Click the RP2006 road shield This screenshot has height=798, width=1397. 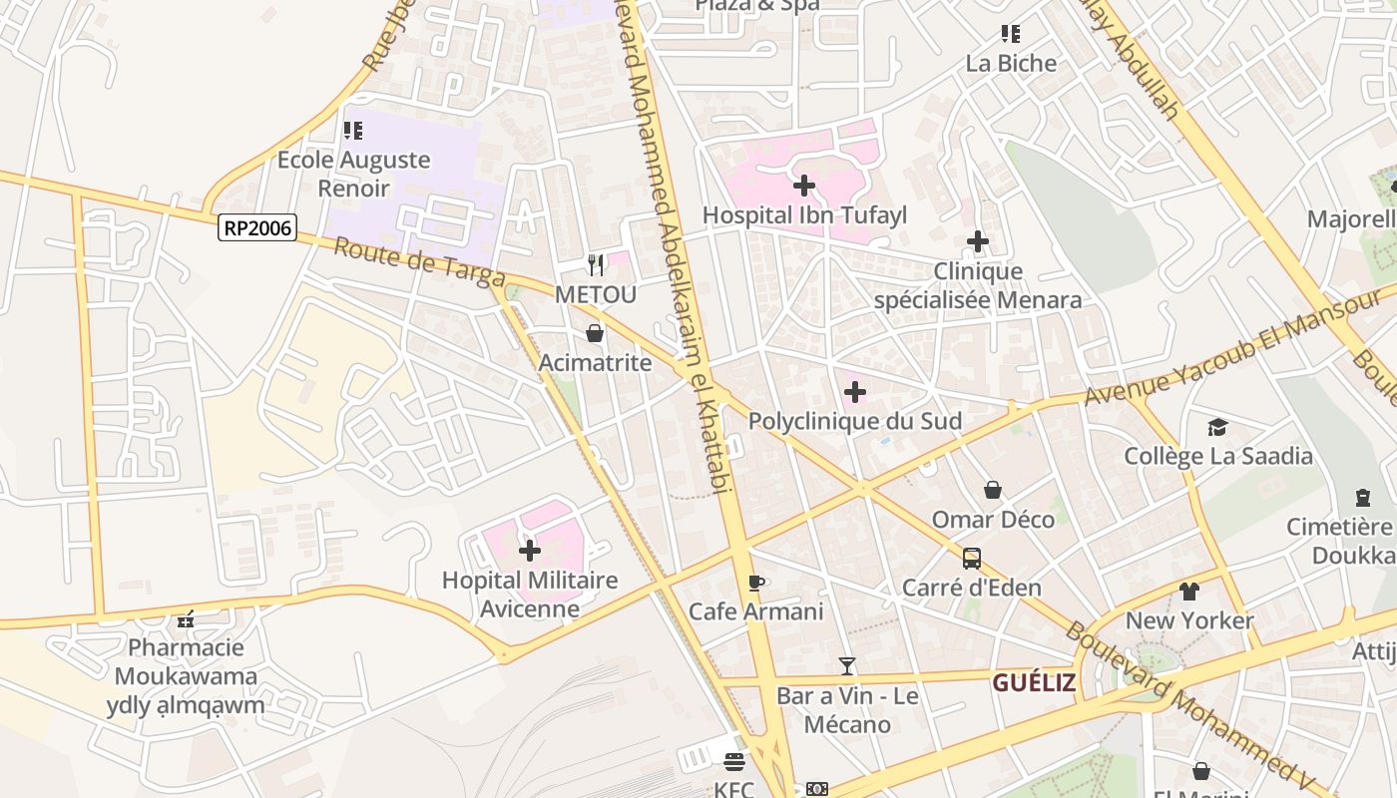pyautogui.click(x=257, y=228)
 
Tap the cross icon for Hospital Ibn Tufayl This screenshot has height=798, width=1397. pyautogui.click(x=804, y=186)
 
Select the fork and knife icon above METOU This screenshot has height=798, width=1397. pyautogui.click(x=596, y=264)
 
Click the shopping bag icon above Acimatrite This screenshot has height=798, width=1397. pyautogui.click(x=595, y=333)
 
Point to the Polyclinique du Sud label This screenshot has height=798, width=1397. pyautogui.click(x=855, y=421)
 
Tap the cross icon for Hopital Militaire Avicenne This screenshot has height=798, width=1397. pyautogui.click(x=530, y=550)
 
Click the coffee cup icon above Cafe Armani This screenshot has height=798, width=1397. pyautogui.click(x=756, y=583)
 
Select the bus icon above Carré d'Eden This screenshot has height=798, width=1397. pyautogui.click(x=972, y=559)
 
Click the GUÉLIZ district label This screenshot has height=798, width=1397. pyautogui.click(x=1034, y=683)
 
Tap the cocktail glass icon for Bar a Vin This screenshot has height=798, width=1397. pyautogui.click(x=847, y=666)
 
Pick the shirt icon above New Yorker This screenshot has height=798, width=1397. pyautogui.click(x=1189, y=592)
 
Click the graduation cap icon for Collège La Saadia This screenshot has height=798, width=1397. pyautogui.click(x=1217, y=428)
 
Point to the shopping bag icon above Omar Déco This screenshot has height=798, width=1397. pyautogui.click(x=993, y=490)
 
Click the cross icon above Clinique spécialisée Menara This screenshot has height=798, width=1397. pyautogui.click(x=978, y=241)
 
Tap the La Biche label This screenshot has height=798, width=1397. pyautogui.click(x=1011, y=64)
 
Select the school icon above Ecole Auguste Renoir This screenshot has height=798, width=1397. pyautogui.click(x=353, y=131)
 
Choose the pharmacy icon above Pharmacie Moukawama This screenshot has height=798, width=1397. pyautogui.click(x=186, y=619)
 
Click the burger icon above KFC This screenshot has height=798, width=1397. pyautogui.click(x=734, y=763)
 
